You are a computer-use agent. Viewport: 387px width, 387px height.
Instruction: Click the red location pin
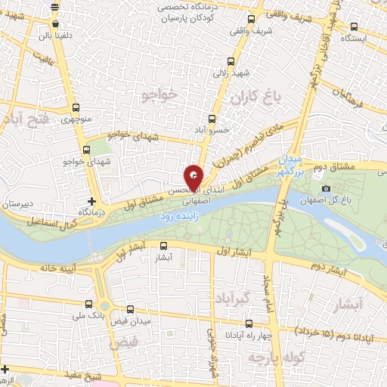(193, 178)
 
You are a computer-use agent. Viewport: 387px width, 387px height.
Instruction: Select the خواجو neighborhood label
(158, 94)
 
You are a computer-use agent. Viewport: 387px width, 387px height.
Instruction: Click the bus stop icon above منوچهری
(76, 107)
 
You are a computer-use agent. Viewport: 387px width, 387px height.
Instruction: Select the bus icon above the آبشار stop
(163, 245)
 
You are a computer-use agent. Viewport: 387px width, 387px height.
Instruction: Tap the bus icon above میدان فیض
(131, 309)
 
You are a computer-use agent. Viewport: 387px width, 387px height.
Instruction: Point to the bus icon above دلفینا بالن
(54, 7)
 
